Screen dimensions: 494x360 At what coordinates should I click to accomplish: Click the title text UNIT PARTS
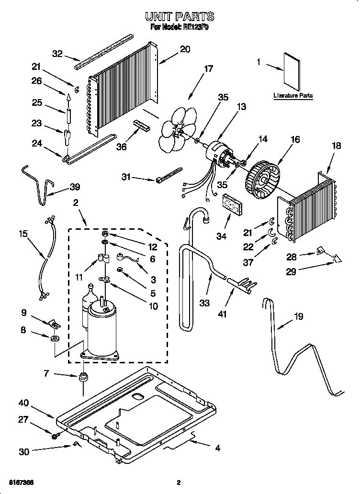[180, 17]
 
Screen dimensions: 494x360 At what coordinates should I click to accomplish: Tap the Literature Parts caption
[293, 96]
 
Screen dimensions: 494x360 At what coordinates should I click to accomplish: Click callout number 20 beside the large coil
[185, 49]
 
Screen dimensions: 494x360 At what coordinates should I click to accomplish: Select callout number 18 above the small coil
[337, 146]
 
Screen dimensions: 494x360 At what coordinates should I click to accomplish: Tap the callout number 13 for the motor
[242, 106]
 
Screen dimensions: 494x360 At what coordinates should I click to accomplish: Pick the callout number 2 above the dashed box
[75, 203]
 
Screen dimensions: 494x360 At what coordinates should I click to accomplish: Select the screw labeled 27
[56, 435]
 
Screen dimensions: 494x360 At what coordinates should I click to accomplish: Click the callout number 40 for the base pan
[24, 403]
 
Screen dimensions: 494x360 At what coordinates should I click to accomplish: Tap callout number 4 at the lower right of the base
[217, 449]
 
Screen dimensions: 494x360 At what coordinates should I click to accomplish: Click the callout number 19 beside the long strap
[298, 316]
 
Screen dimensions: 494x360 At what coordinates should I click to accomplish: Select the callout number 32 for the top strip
[57, 54]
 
